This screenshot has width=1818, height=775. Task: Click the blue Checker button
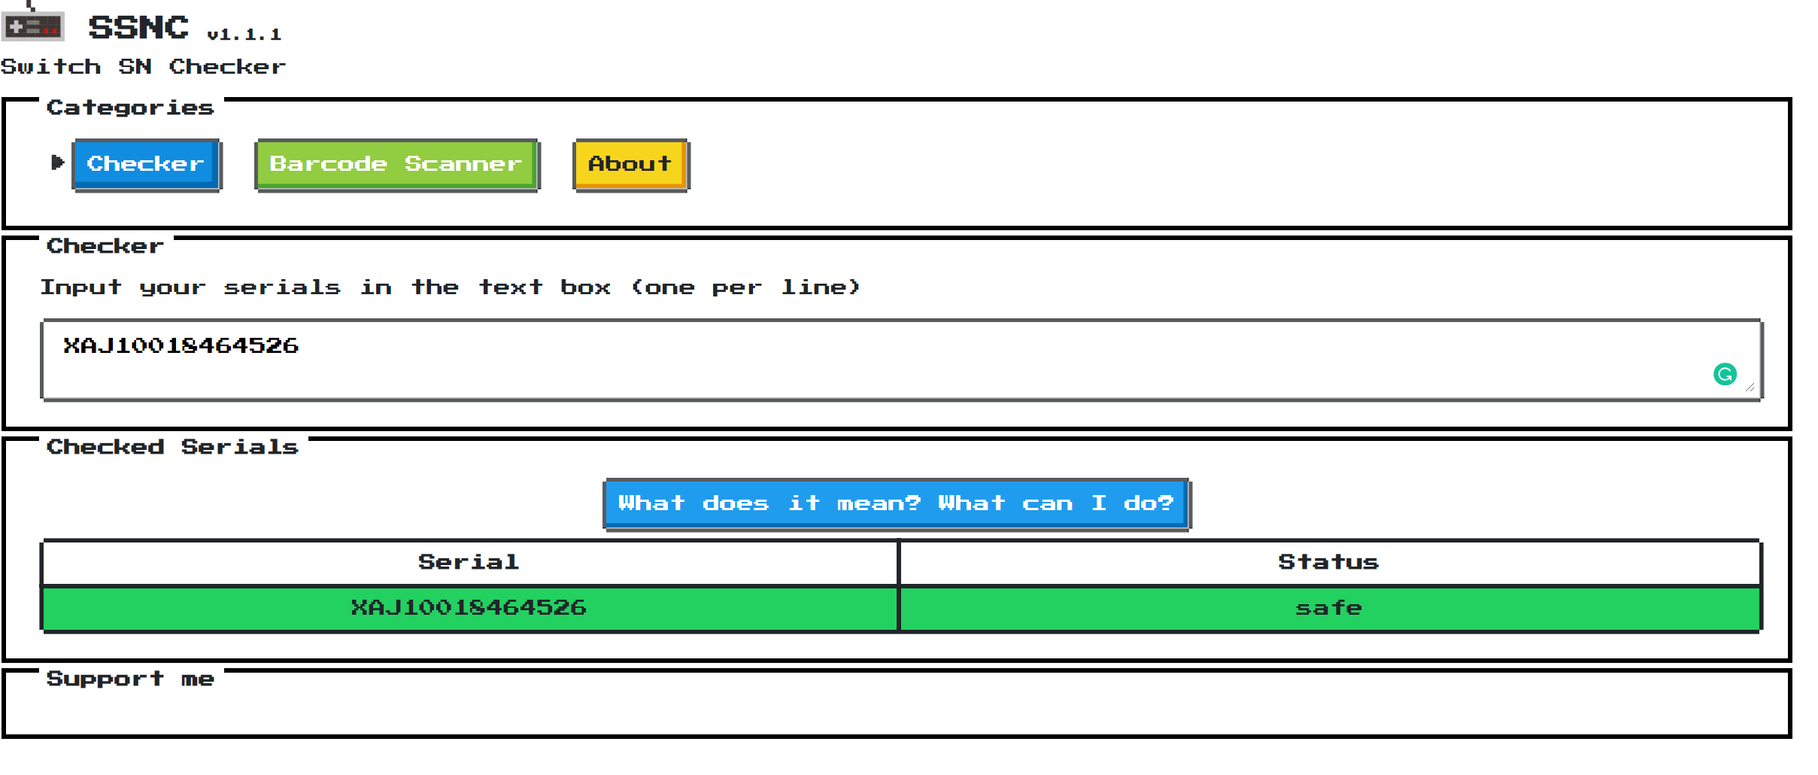(x=147, y=165)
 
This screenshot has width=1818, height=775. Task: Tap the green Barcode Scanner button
(x=397, y=165)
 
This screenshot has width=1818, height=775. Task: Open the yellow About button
(x=631, y=165)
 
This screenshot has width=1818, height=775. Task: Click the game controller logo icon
(x=32, y=26)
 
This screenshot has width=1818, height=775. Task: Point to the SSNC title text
(x=138, y=28)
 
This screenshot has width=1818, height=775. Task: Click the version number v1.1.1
(x=244, y=35)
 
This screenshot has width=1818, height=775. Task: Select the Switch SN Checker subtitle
(x=143, y=67)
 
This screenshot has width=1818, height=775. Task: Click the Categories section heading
(x=130, y=108)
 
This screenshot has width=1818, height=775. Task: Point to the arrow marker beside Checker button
(x=57, y=162)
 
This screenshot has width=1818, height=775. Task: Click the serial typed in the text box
(x=181, y=345)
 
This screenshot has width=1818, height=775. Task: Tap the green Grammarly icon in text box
(x=1725, y=374)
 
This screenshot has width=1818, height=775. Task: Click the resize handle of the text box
(x=1750, y=387)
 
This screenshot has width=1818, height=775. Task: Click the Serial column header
(x=469, y=562)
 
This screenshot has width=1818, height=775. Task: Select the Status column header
(x=1328, y=562)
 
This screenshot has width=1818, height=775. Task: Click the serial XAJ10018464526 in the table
(x=469, y=608)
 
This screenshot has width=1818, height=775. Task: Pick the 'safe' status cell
(x=1329, y=608)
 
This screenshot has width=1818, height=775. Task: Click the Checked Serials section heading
(x=172, y=447)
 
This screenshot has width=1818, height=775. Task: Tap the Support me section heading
(x=130, y=679)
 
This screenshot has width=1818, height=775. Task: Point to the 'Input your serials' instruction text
(x=450, y=287)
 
